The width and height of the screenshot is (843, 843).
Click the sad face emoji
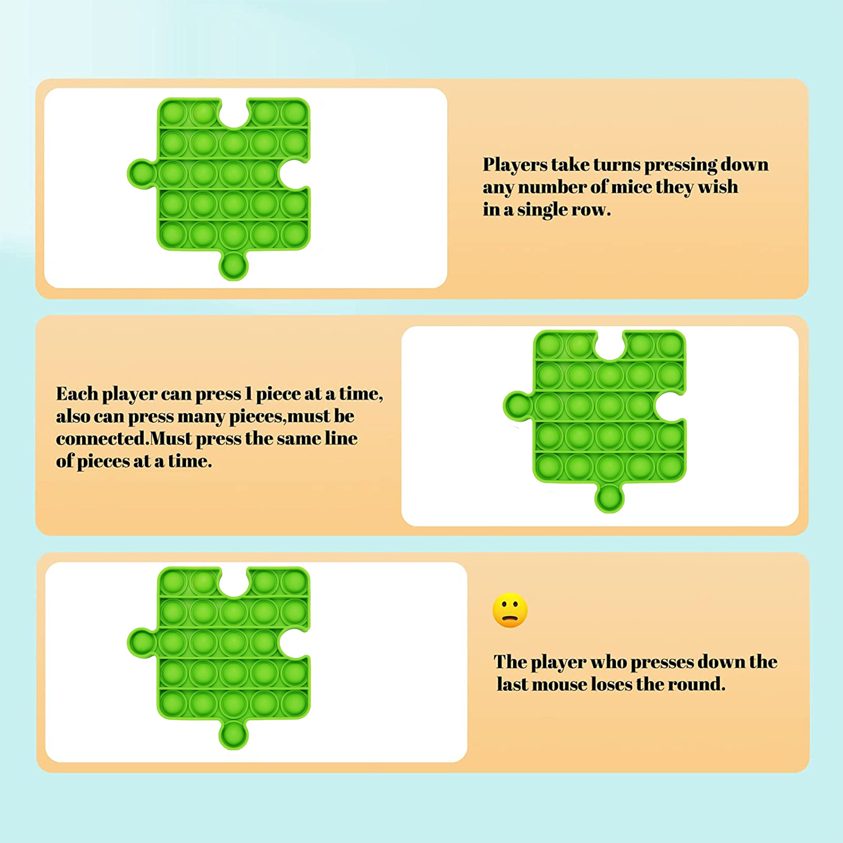coord(510,610)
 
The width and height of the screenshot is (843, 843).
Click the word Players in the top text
coord(515,165)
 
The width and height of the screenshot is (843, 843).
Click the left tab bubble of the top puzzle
coord(141,173)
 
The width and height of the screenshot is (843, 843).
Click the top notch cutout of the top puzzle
coord(234,113)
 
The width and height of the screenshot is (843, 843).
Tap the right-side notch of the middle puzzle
coord(671,406)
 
